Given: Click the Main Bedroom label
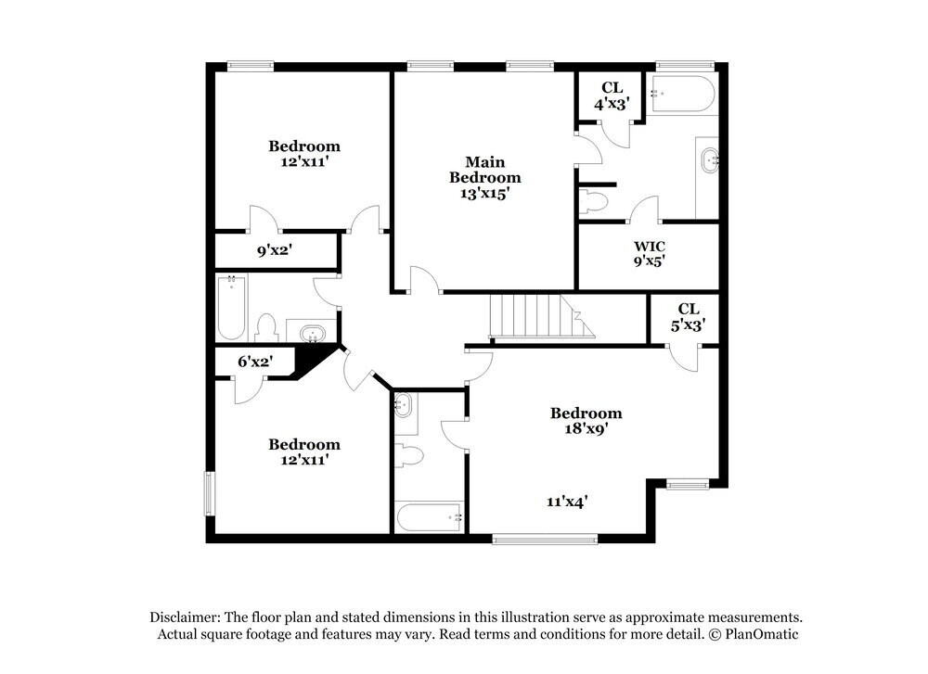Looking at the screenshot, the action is pos(484,169).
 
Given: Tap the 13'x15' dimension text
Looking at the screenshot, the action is pos(484,194).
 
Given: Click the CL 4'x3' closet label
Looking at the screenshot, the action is pos(612,95).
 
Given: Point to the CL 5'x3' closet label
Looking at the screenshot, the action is pos(688,316).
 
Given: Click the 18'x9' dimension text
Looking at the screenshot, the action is pos(586,429).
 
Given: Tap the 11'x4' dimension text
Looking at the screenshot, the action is pos(567,501).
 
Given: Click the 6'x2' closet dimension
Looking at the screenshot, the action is pos(253,362).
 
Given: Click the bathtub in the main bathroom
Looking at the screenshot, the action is pos(683,95).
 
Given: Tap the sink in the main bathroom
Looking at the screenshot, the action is pos(710,160).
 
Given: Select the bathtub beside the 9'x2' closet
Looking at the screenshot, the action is pos(231,308).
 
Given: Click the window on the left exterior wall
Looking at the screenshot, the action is pos(208,492).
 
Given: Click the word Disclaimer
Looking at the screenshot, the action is pos(183,617).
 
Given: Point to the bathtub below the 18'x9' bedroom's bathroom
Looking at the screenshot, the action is pos(429,516).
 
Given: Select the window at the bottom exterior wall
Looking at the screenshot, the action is pos(532,539).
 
